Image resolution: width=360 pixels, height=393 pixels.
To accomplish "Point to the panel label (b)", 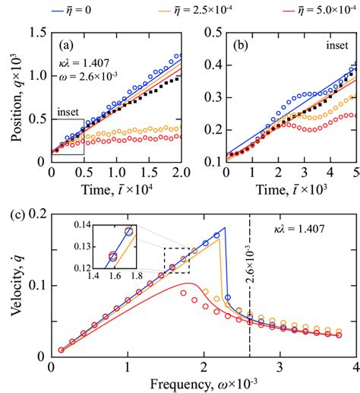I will coord(238,41).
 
